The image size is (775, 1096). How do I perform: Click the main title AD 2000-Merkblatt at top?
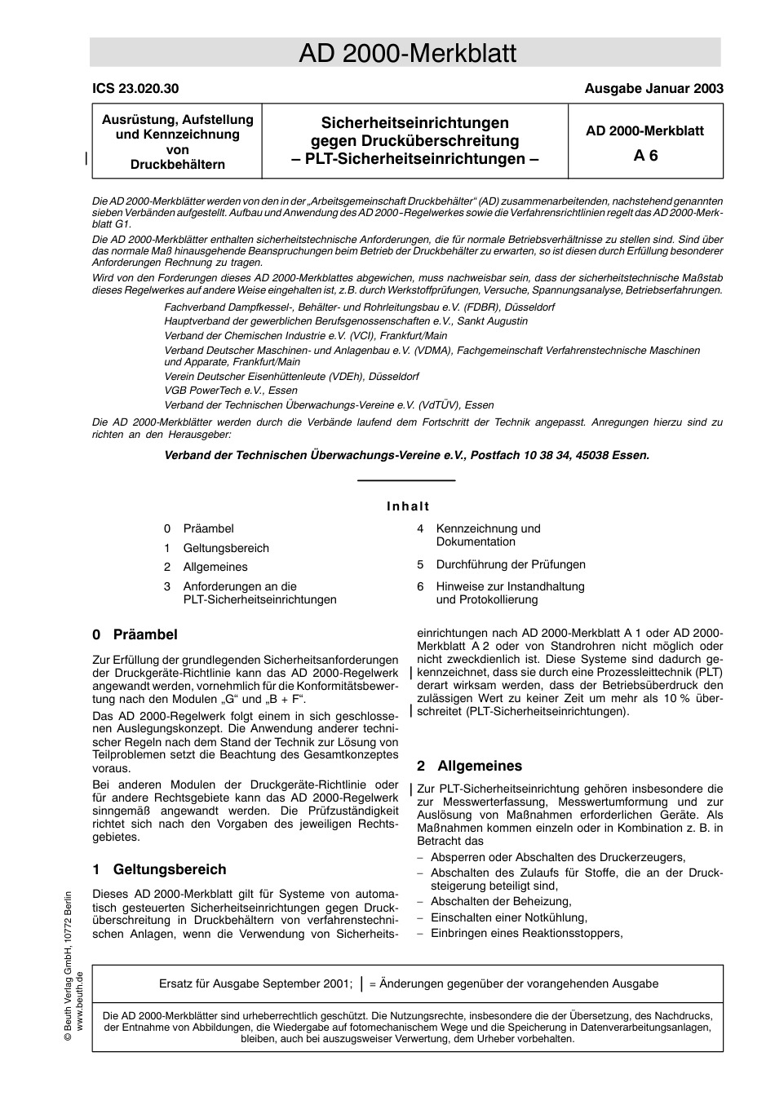click(406, 54)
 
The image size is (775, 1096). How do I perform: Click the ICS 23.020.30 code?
click(135, 89)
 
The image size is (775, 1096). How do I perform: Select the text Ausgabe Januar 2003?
click(653, 89)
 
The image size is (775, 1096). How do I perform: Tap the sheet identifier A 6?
click(645, 156)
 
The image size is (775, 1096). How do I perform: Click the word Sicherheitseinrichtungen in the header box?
click(414, 123)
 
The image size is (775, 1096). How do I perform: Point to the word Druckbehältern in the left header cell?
click(177, 165)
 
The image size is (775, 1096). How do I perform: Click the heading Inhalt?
click(407, 506)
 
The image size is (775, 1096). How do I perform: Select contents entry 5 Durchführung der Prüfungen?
click(510, 564)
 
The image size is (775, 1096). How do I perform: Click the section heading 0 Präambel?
click(135, 634)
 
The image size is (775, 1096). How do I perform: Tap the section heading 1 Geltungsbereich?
click(159, 869)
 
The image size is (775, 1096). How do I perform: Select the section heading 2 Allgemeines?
click(469, 766)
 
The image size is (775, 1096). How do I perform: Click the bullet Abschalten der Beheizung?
click(501, 901)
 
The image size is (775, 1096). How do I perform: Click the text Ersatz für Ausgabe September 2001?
click(255, 983)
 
